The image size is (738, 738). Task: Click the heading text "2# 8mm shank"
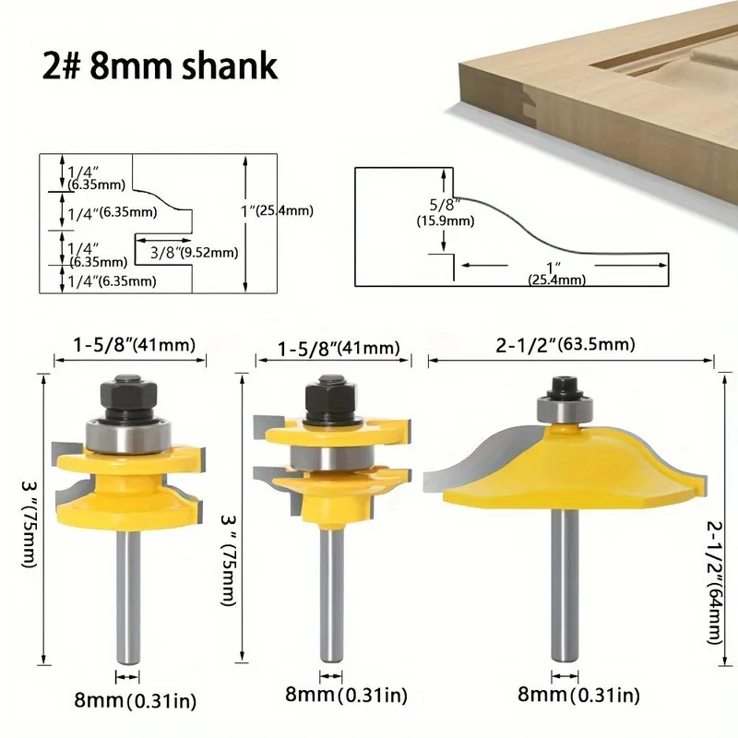(x=160, y=65)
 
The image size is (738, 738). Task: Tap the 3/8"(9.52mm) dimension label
(x=194, y=253)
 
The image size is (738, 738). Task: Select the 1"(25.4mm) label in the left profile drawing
(x=277, y=211)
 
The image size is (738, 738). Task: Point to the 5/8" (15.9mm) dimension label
(x=446, y=212)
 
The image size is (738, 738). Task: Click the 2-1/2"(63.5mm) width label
(x=565, y=345)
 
